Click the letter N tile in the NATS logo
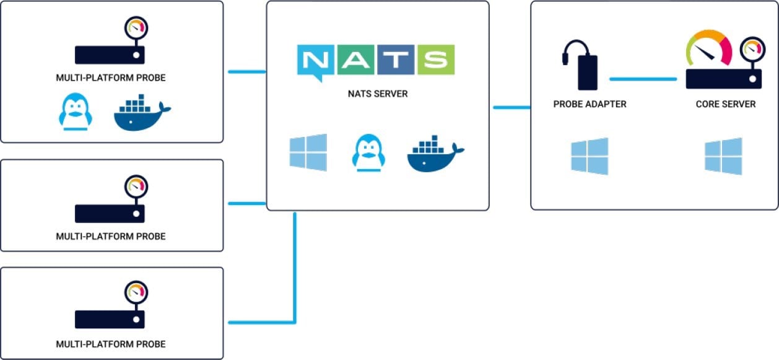click(316, 61)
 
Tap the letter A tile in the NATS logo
click(356, 59)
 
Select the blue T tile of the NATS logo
click(395, 59)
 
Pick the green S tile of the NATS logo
click(435, 59)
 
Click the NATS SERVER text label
click(378, 94)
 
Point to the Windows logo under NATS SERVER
click(308, 152)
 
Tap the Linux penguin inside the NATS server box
click(368, 152)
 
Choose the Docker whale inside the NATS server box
click(435, 154)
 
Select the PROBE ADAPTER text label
click(590, 104)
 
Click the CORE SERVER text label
click(725, 104)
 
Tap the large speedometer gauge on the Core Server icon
click(709, 50)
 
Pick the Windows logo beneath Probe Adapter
click(590, 156)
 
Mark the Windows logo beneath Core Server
click(723, 156)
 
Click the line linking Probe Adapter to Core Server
click(643, 79)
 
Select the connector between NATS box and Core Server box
click(511, 108)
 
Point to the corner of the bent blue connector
click(295, 322)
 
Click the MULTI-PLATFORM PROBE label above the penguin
click(111, 78)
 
